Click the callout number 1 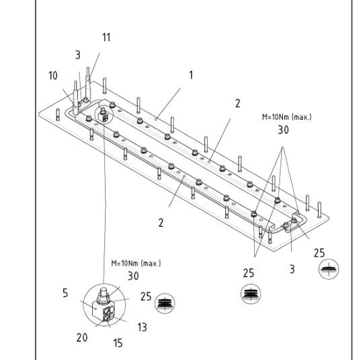(191, 75)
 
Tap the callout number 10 (53, 76)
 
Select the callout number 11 (106, 37)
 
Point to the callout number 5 (65, 293)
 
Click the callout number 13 (142, 327)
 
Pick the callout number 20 (82, 338)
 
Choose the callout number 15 (118, 343)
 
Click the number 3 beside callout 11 (78, 55)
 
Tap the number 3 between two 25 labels (292, 269)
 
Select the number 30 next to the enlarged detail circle (133, 276)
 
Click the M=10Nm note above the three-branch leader (287, 117)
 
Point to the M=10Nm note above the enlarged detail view (136, 263)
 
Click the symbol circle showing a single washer (329, 269)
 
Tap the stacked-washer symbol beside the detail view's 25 (165, 303)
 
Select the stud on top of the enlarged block (104, 293)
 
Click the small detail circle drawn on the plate (104, 114)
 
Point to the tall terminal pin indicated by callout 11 (88, 81)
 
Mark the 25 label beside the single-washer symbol (319, 253)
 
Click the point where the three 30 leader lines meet (282, 147)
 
